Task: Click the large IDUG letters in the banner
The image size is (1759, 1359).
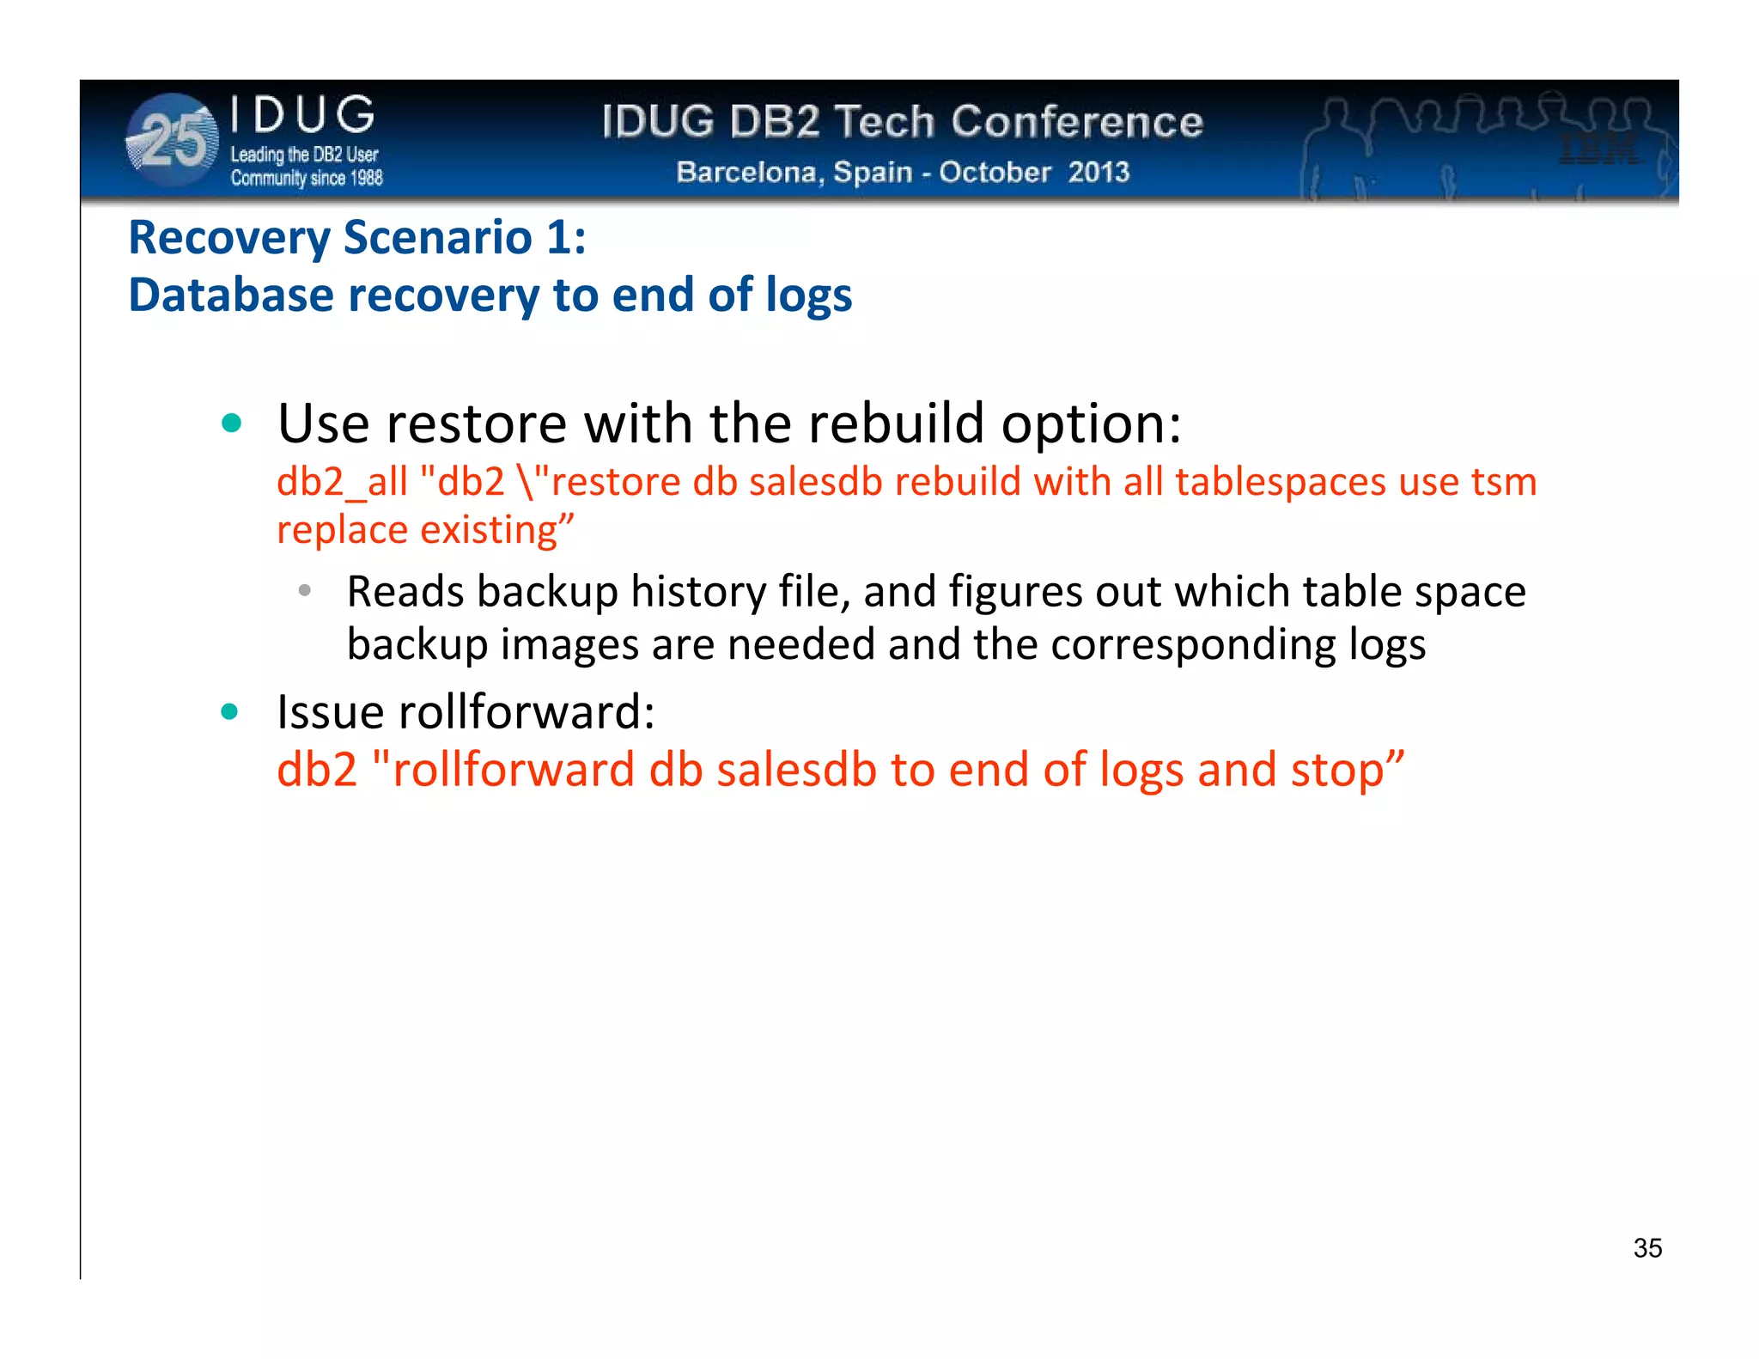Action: pos(303,115)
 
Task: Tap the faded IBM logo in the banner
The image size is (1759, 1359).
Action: pos(1599,149)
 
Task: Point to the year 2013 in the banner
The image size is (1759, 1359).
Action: pos(1099,172)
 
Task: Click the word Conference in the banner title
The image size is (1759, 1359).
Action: pos(1077,122)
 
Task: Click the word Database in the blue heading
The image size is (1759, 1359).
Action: pos(231,296)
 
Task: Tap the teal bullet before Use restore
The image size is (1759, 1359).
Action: pos(231,423)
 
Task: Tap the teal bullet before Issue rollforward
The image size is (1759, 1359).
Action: pos(229,711)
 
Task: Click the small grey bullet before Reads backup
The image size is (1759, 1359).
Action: pos(304,590)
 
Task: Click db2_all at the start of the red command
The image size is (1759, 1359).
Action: pos(342,482)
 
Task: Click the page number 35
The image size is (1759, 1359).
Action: pos(1647,1247)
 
